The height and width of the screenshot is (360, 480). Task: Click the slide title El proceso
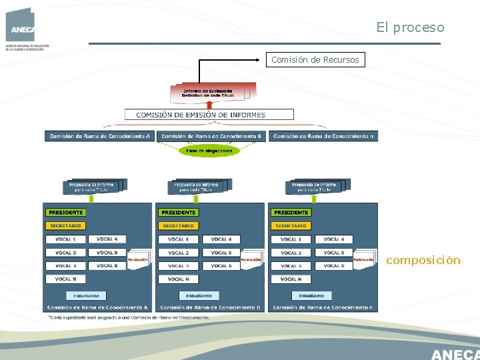pos(409,27)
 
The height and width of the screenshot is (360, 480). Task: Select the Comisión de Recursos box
pos(315,60)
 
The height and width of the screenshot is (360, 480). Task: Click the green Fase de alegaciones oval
pos(209,151)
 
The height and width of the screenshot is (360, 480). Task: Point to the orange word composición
pos(423,260)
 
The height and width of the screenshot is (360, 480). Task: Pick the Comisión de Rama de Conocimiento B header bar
pos(211,136)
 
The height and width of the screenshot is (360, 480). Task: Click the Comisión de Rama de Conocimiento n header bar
pos(323,136)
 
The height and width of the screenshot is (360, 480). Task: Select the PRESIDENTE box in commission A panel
pos(65,212)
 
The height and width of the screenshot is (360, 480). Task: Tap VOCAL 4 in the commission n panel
pos(334,239)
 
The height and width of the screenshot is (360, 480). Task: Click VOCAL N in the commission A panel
pos(65,279)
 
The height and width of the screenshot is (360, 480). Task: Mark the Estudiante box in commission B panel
pos(199,295)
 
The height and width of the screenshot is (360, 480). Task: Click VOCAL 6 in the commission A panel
pos(107,265)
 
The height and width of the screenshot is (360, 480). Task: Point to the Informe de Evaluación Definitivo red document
pos(208,93)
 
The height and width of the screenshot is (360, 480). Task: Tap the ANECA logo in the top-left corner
pos(22,27)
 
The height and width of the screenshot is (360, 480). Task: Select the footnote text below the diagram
pos(128,317)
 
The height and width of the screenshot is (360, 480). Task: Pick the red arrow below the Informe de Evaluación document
pos(209,105)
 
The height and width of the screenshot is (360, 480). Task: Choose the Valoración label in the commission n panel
pos(363,259)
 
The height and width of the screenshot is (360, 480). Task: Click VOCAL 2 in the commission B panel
pos(178,253)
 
